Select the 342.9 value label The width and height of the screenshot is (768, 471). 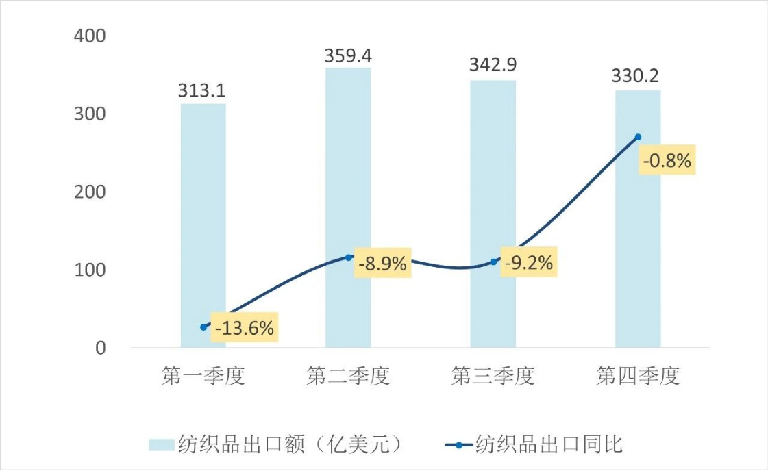tap(493, 66)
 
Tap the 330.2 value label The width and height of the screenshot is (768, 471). tap(638, 75)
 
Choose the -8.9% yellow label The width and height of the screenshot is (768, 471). tap(382, 263)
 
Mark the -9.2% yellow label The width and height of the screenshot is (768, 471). tap(528, 263)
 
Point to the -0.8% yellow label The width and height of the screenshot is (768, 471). tap(667, 161)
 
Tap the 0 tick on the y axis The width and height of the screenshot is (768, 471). tap(101, 348)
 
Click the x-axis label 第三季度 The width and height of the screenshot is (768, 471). tap(493, 376)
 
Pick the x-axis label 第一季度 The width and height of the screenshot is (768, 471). tap(203, 376)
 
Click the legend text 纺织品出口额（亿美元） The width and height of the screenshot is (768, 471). tap(287, 444)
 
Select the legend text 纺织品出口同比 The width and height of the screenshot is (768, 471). tap(548, 444)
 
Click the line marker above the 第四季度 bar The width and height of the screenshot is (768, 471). tap(638, 137)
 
